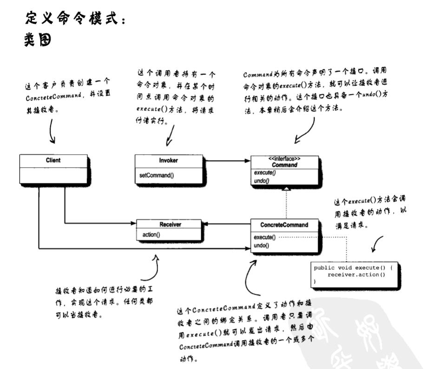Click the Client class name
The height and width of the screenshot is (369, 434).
point(53,161)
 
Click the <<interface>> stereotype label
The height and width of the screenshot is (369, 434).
point(284,159)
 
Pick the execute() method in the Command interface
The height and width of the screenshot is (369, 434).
point(265,172)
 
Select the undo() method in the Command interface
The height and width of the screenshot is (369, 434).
point(262,180)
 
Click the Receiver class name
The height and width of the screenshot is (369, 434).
point(170,224)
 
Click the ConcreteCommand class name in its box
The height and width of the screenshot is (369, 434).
point(284,225)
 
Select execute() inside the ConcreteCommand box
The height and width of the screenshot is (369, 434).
point(264,237)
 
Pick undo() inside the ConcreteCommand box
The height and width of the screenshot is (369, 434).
point(261,245)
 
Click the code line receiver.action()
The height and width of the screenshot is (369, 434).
point(356,275)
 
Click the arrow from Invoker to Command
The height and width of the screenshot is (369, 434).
point(227,161)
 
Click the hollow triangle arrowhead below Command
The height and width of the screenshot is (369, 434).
point(287,188)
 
